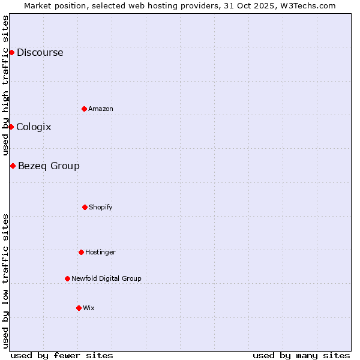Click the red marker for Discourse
(11, 52)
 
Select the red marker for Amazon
(84, 109)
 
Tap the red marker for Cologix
(11, 127)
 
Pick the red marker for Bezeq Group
(13, 166)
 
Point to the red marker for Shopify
(85, 207)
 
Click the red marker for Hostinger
(81, 252)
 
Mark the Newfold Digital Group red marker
(67, 278)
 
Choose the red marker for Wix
(79, 308)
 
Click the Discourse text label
(40, 52)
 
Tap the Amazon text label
(101, 109)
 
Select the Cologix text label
(34, 127)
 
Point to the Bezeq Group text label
(49, 166)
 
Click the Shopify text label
(101, 207)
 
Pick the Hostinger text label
(100, 252)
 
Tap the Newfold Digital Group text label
(106, 278)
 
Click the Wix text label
(89, 308)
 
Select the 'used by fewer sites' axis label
(62, 355)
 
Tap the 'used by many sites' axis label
(301, 355)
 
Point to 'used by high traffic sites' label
(5, 86)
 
